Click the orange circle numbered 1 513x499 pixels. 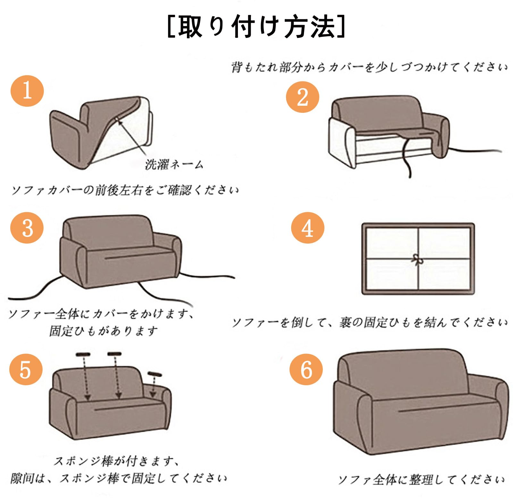(x=27, y=91)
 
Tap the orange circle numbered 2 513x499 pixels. (x=303, y=97)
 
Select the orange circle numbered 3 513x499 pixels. (x=27, y=228)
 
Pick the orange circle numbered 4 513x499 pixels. (x=308, y=228)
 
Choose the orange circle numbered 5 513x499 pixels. (x=26, y=370)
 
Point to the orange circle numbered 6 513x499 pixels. (x=307, y=370)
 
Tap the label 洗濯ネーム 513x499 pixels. (x=174, y=164)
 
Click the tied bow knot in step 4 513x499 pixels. (x=417, y=260)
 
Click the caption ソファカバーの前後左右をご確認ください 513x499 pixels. (x=125, y=190)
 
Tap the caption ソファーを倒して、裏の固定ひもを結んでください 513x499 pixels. (x=370, y=322)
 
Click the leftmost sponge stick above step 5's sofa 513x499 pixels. (x=83, y=354)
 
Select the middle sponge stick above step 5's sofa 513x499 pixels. (x=115, y=354)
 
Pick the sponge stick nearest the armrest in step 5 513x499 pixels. (x=155, y=374)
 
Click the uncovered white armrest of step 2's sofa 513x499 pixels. (x=342, y=143)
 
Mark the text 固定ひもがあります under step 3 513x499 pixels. (x=104, y=331)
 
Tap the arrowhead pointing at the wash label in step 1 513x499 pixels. (x=118, y=121)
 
